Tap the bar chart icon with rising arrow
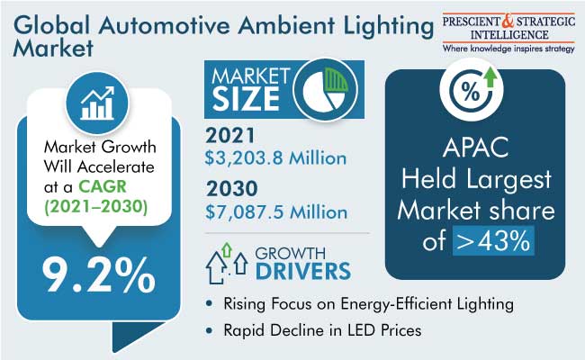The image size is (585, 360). (97, 103)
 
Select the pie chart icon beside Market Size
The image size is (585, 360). (325, 90)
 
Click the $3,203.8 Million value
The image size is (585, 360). (275, 157)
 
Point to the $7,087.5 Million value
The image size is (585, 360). (276, 211)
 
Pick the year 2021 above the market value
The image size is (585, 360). (230, 135)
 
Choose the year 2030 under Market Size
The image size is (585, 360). (231, 188)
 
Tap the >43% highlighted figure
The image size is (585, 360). (493, 241)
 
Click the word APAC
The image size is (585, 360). (476, 147)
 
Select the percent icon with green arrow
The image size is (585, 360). (472, 89)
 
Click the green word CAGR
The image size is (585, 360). (103, 186)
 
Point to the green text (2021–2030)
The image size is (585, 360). (96, 207)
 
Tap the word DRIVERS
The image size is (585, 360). (303, 271)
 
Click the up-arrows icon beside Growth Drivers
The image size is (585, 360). (227, 263)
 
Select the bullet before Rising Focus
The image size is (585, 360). (210, 303)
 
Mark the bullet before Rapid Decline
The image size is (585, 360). (210, 330)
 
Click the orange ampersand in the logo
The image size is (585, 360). (508, 21)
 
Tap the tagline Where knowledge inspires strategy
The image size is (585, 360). (508, 49)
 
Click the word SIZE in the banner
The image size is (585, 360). (246, 99)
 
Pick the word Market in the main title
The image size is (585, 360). (53, 49)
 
